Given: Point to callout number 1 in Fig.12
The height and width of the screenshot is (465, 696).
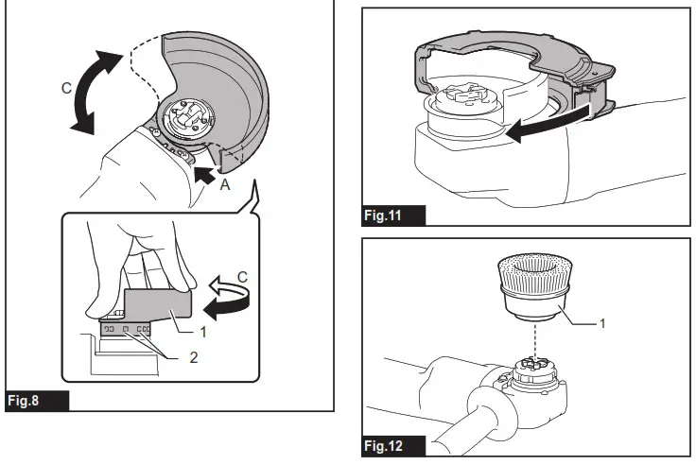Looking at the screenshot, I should [x=604, y=322].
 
